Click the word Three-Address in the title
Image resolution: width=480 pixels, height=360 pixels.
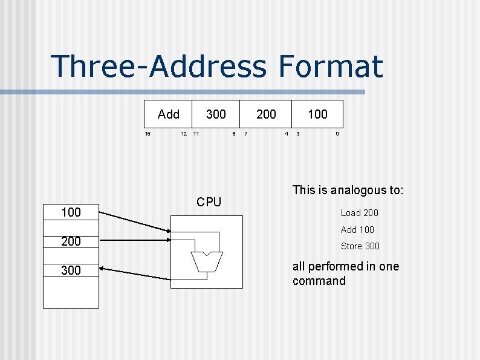[157, 67]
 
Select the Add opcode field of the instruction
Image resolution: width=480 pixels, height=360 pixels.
[169, 114]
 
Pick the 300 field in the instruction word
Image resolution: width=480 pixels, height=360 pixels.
[216, 114]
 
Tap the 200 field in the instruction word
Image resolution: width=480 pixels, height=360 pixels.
[266, 114]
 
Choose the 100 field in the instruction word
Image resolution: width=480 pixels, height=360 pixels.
[317, 114]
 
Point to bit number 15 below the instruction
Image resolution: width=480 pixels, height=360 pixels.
[147, 134]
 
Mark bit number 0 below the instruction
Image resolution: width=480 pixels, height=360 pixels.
[337, 134]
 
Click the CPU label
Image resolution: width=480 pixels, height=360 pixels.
[209, 202]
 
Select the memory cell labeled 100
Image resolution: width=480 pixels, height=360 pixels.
[71, 212]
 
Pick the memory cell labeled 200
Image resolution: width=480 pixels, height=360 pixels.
[71, 241]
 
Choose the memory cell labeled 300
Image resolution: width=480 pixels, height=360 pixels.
[71, 270]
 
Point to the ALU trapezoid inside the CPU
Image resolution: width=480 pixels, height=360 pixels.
[207, 261]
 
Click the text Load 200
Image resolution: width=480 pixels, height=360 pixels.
[359, 213]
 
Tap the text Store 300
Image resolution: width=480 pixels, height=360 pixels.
[360, 246]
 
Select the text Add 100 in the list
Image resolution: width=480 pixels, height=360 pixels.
[357, 230]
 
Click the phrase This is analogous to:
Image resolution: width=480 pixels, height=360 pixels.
[348, 191]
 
